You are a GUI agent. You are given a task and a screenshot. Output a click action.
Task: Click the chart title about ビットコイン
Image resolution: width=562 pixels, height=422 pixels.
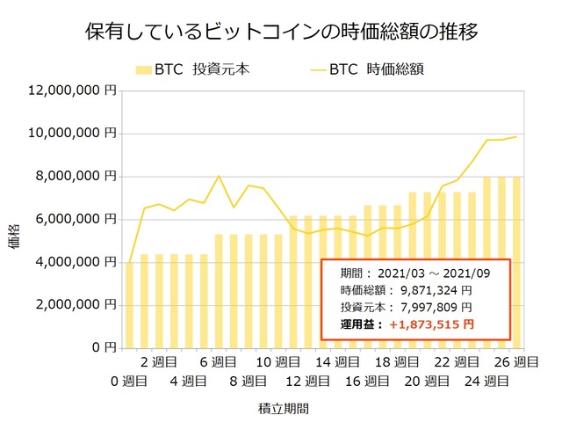pyautogui.click(x=281, y=33)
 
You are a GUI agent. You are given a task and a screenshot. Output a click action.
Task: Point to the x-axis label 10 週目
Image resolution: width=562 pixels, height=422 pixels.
pyautogui.click(x=277, y=362)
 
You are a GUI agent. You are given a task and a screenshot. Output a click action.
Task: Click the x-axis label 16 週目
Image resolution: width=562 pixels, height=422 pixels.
pyautogui.click(x=367, y=381)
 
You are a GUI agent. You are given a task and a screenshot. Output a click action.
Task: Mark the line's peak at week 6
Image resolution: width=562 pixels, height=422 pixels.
pyautogui.click(x=219, y=177)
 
